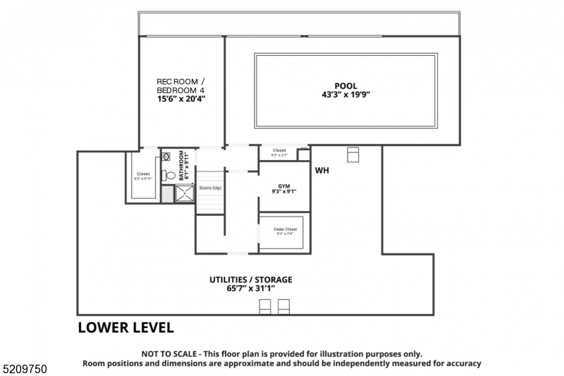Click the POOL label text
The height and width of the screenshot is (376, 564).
coord(345,86)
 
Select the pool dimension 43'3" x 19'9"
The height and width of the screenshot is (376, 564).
coord(345,95)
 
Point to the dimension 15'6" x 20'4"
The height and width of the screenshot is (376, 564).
coord(180,99)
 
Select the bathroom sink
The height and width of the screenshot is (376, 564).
coord(166,157)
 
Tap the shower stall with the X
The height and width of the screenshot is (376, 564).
coord(185,194)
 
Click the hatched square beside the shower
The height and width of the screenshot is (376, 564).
coord(166,194)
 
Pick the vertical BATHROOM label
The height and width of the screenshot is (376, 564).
coord(181,166)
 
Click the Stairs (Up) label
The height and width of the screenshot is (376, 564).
coord(210,188)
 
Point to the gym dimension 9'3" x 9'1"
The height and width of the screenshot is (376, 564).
coord(283,191)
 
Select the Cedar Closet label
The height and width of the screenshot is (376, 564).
coord(285,229)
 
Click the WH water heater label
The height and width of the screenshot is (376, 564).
coord(322,170)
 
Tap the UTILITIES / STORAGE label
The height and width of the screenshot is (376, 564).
coord(250,279)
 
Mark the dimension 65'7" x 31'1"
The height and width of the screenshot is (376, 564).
coord(250,289)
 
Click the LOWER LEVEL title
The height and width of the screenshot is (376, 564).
coord(125,327)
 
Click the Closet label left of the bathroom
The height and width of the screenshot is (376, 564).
coord(143,174)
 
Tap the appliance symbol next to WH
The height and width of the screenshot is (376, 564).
coord(353,154)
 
